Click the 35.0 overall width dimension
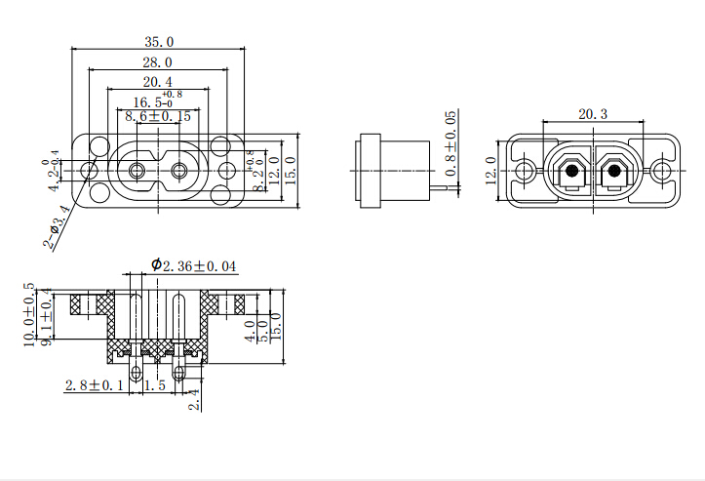(x=158, y=42)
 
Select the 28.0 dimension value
(x=158, y=62)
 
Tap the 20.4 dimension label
(x=158, y=82)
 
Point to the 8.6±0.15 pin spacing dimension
(x=158, y=116)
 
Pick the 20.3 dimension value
(x=592, y=114)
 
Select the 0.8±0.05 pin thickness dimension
(x=450, y=143)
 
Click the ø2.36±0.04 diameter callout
(x=194, y=265)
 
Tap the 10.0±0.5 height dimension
(x=30, y=315)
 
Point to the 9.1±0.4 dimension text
(x=45, y=318)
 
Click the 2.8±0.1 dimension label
(x=95, y=386)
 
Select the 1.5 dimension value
(x=153, y=386)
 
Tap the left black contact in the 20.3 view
(x=569, y=172)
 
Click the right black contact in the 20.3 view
(x=614, y=172)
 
